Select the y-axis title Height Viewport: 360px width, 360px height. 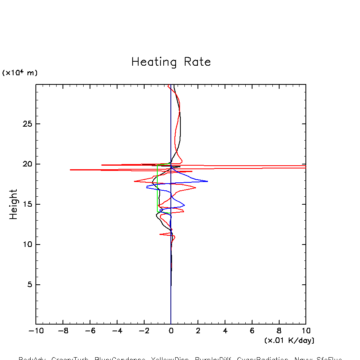(14, 204)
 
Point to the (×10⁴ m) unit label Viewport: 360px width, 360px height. (20, 73)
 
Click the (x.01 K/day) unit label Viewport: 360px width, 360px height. (289, 340)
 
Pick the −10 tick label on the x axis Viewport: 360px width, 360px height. (34, 331)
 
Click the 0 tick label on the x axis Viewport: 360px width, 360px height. (171, 331)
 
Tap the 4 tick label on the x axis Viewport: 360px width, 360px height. (225, 331)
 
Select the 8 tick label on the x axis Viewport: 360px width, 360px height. (279, 331)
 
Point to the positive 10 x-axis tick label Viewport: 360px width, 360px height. (305, 331)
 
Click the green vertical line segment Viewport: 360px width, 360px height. (157, 187)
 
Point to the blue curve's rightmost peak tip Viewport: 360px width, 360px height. (207, 181)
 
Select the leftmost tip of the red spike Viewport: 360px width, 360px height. (70, 170)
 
